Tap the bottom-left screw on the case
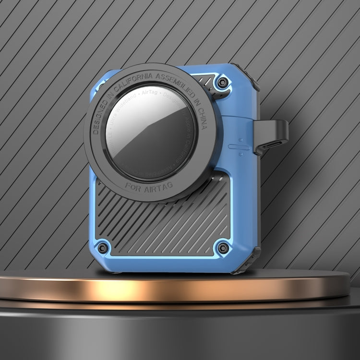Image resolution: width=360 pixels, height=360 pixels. pyautogui.click(x=102, y=249)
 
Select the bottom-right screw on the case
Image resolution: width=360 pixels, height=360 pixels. pyautogui.click(x=223, y=249)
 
